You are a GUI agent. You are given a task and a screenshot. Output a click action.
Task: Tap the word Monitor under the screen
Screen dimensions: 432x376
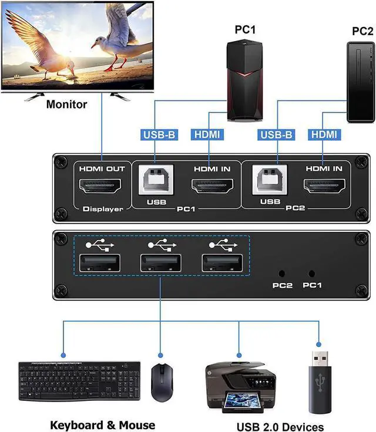(x=66, y=104)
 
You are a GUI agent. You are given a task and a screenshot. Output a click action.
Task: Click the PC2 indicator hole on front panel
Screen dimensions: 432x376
(x=283, y=274)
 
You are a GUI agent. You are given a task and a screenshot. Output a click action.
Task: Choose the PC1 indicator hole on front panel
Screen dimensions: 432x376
(x=311, y=274)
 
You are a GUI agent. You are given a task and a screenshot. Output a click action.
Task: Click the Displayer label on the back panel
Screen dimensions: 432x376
(x=103, y=209)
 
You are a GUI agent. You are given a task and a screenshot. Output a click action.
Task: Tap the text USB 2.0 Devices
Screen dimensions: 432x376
(x=280, y=427)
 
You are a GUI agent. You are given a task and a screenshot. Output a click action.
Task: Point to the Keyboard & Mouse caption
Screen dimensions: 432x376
(x=102, y=425)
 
